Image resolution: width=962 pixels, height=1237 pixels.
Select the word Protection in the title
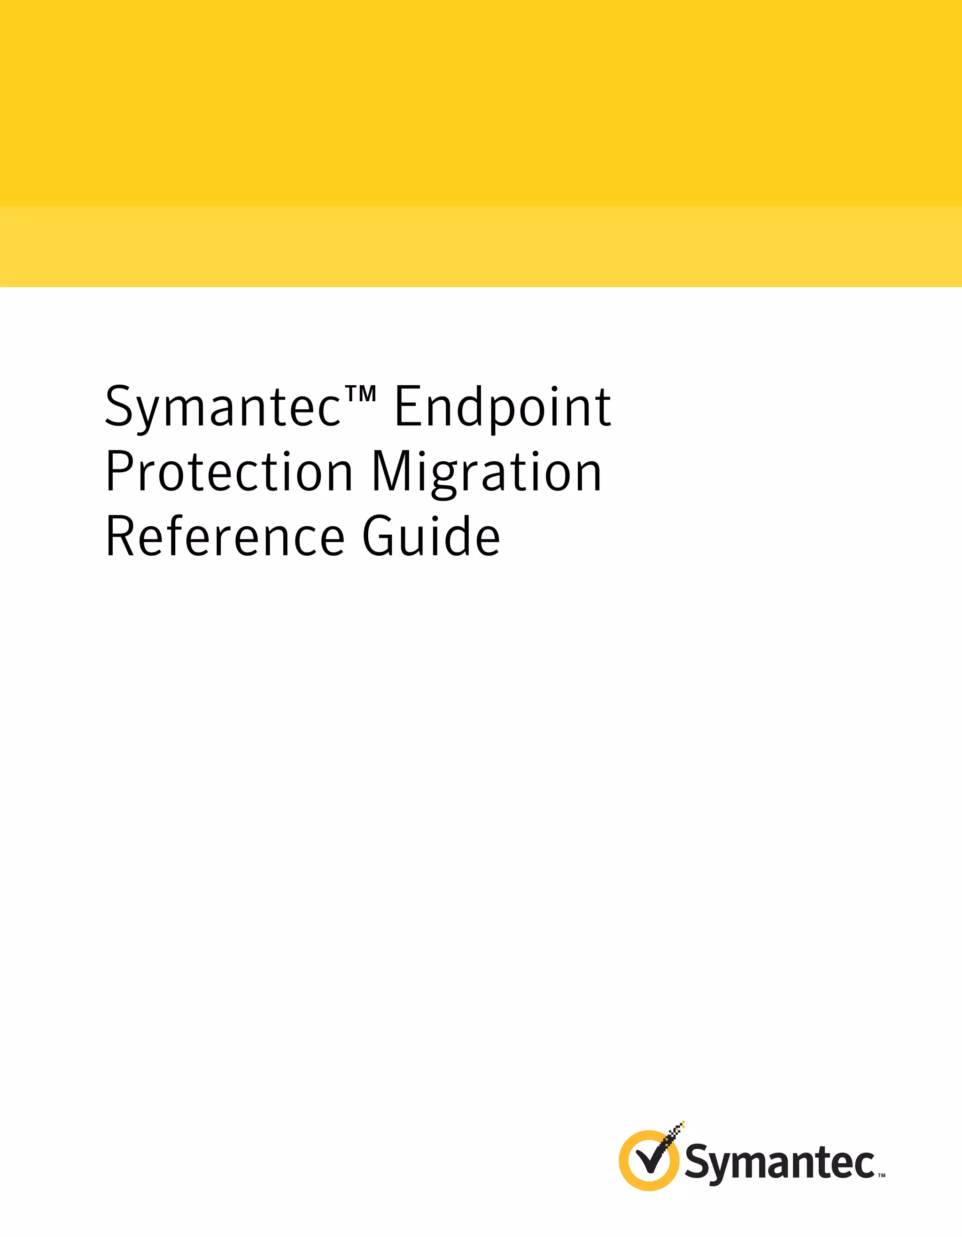229,472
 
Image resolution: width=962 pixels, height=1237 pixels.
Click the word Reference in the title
225,537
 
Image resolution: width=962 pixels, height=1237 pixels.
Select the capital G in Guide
378,537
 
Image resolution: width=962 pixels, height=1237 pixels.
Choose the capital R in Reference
119,537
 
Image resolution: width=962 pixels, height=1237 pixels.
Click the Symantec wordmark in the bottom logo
780,1163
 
